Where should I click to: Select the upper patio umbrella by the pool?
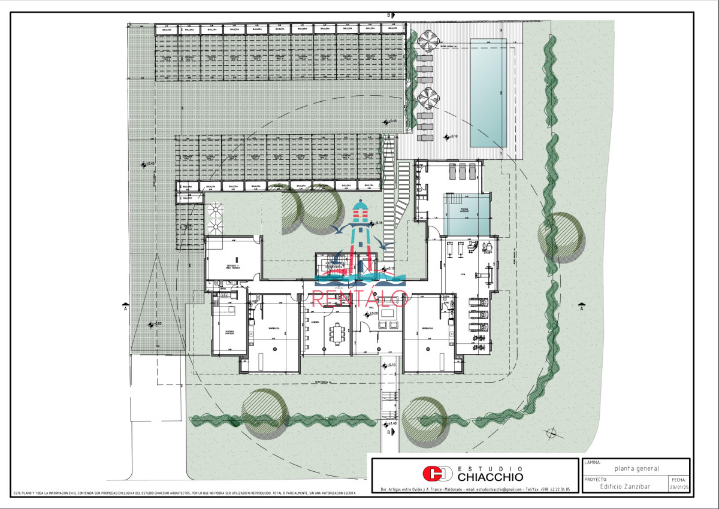(428, 41)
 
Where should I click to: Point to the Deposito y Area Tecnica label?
(232, 267)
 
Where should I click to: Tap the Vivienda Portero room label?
(229, 332)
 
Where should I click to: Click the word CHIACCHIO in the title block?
(490, 477)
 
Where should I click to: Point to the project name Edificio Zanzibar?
(626, 486)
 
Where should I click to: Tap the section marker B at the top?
(388, 15)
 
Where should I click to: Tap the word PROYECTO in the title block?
(596, 480)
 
